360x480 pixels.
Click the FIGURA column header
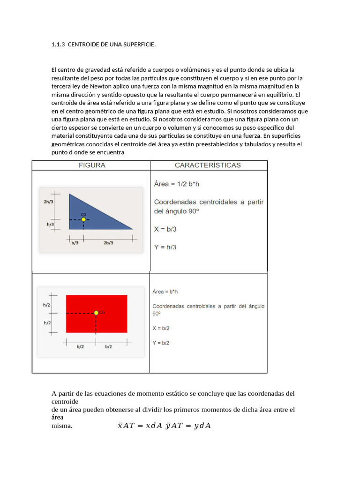pos(91,165)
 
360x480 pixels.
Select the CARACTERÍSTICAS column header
pos(208,165)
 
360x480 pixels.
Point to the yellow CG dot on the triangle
pos(83,219)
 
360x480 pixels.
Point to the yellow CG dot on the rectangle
pos(96,313)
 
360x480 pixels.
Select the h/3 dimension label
pos(51,225)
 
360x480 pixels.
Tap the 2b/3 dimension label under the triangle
pos(108,243)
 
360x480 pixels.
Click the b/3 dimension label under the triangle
pos(75,243)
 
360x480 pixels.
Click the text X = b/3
pos(165,229)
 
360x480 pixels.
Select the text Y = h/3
pos(165,247)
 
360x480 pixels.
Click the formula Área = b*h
pos(165,292)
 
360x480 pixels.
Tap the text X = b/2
pos(161,328)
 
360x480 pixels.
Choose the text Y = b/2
pos(161,343)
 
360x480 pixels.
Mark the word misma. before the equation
pos(62,426)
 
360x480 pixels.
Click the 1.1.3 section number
pos(57,45)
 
